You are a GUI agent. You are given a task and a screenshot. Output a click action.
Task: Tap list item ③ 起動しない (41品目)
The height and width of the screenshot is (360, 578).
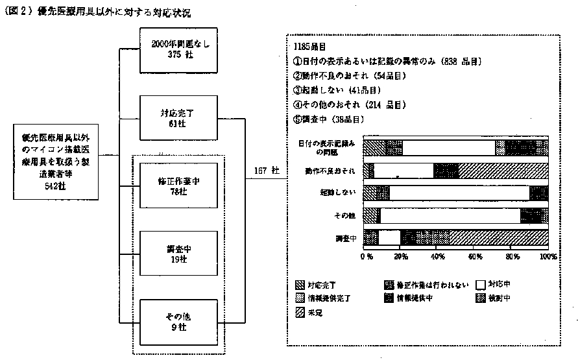[337, 90]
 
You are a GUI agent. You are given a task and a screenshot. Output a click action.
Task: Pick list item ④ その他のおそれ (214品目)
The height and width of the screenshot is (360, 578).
[354, 104]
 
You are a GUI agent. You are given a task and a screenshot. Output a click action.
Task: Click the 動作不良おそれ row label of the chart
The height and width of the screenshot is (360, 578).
[330, 171]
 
